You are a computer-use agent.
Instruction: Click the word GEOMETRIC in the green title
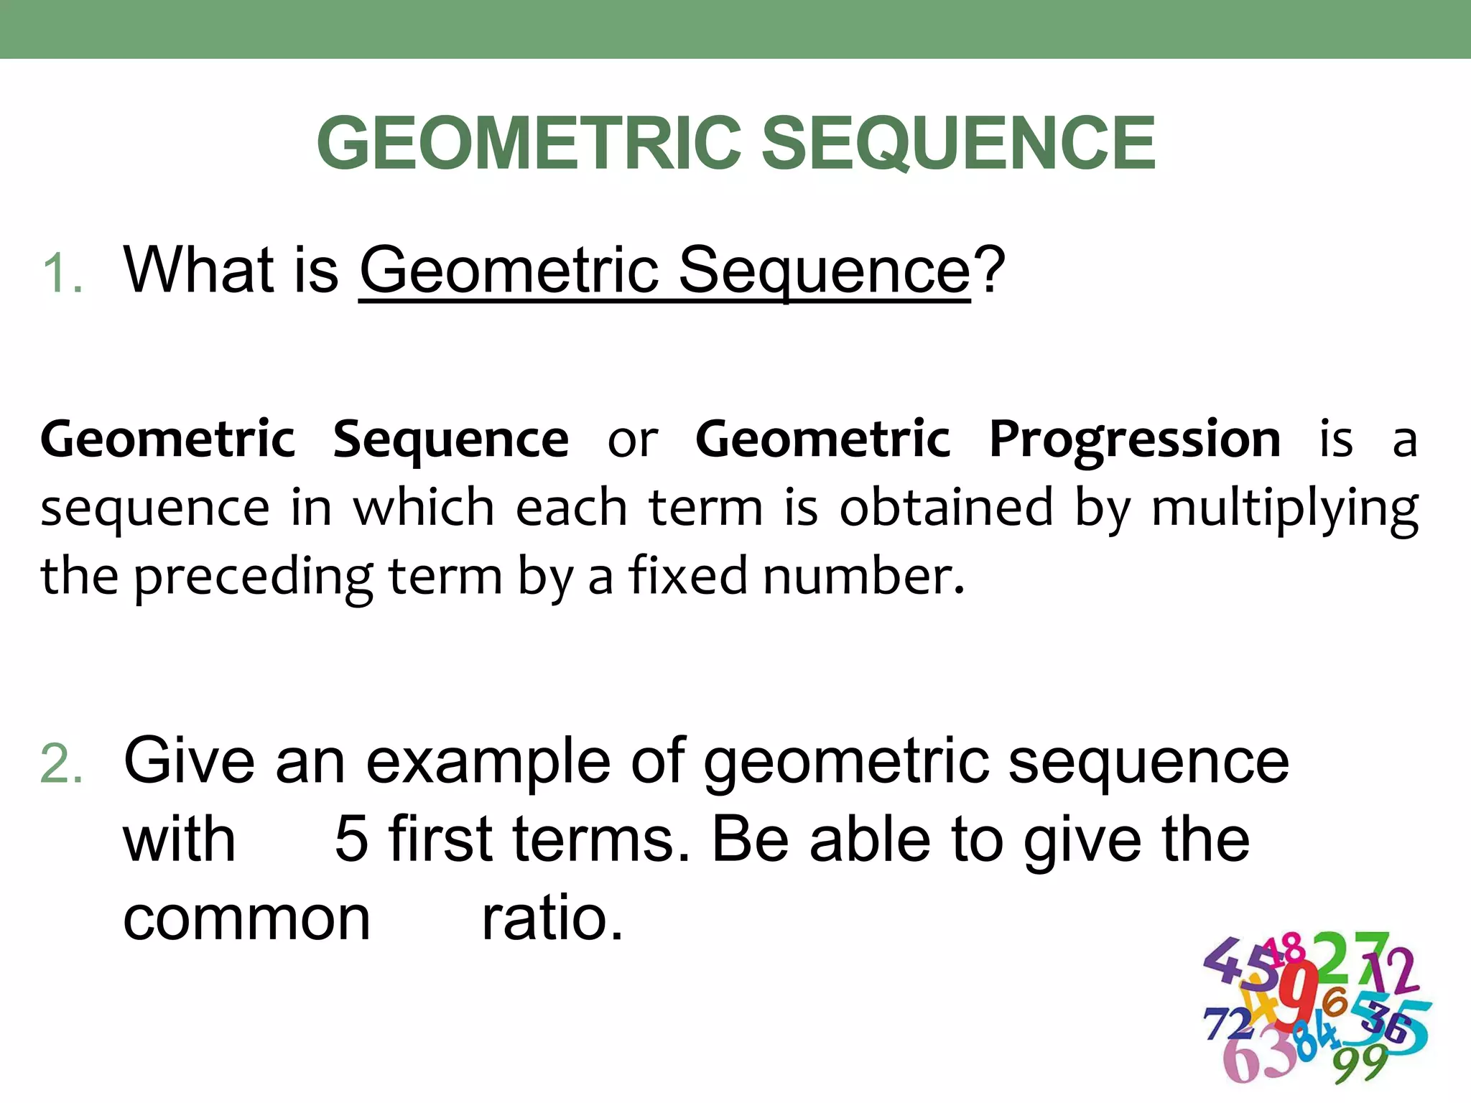pos(529,144)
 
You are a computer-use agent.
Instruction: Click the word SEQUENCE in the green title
pos(958,144)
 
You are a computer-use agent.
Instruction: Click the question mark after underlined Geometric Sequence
pos(990,269)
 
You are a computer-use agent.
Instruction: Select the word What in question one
pos(199,269)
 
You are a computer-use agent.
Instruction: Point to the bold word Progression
pos(1134,439)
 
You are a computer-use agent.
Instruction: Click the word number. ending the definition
pos(863,576)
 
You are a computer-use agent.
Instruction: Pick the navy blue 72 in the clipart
pos(1227,1024)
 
